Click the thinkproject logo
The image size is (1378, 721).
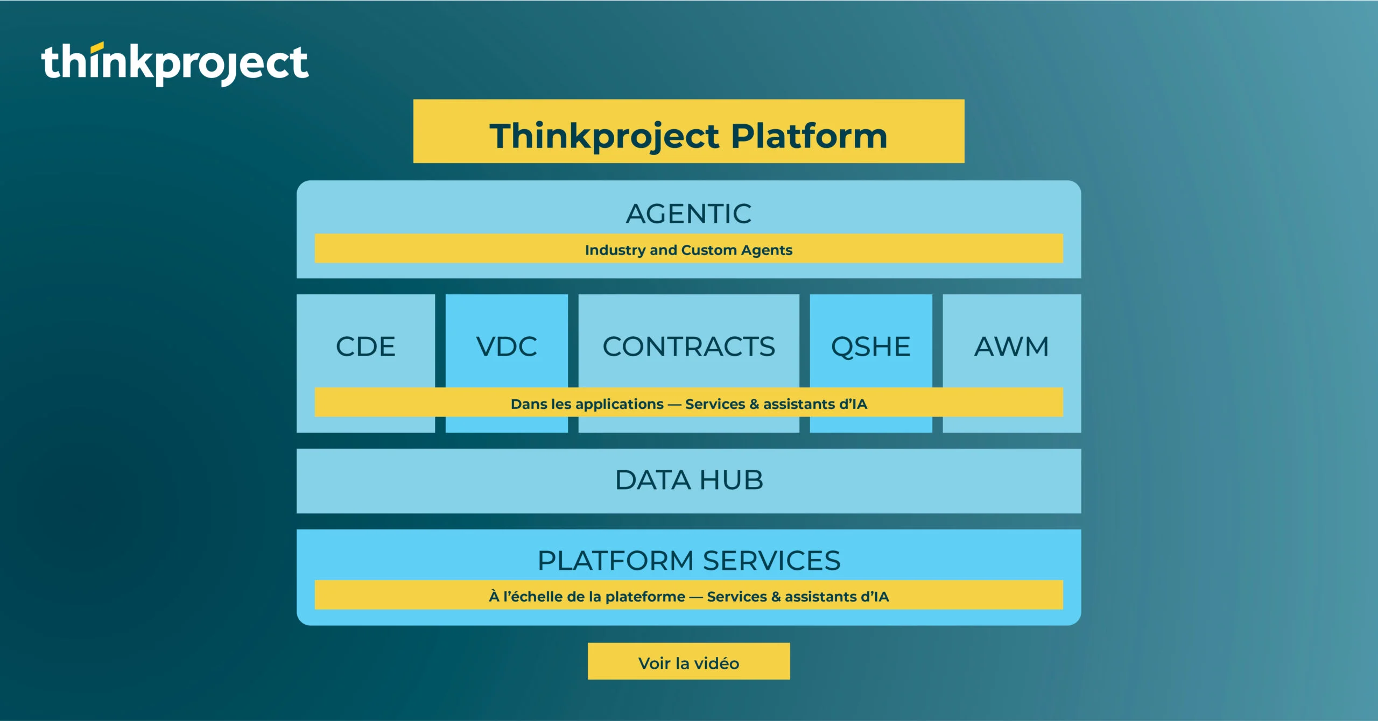coord(175,63)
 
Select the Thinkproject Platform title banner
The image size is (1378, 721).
coord(688,131)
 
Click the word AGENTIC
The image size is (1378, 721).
coord(688,214)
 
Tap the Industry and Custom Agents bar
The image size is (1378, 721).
coord(688,249)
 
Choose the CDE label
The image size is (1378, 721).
coord(365,347)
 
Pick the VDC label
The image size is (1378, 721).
coord(507,347)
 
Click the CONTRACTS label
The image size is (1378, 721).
coord(688,347)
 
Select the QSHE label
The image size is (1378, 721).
coord(870,347)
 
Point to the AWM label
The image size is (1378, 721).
coord(1011,347)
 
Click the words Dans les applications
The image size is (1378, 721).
coord(587,404)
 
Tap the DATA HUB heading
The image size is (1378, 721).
coord(688,480)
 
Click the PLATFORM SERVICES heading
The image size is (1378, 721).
coord(688,561)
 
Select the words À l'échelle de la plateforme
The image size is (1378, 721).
coord(587,597)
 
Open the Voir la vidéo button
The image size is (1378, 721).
coord(688,662)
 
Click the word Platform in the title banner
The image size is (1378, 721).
coord(808,136)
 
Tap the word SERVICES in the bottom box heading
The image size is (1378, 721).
coord(771,561)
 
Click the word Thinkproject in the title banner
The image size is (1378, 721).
coord(604,136)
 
